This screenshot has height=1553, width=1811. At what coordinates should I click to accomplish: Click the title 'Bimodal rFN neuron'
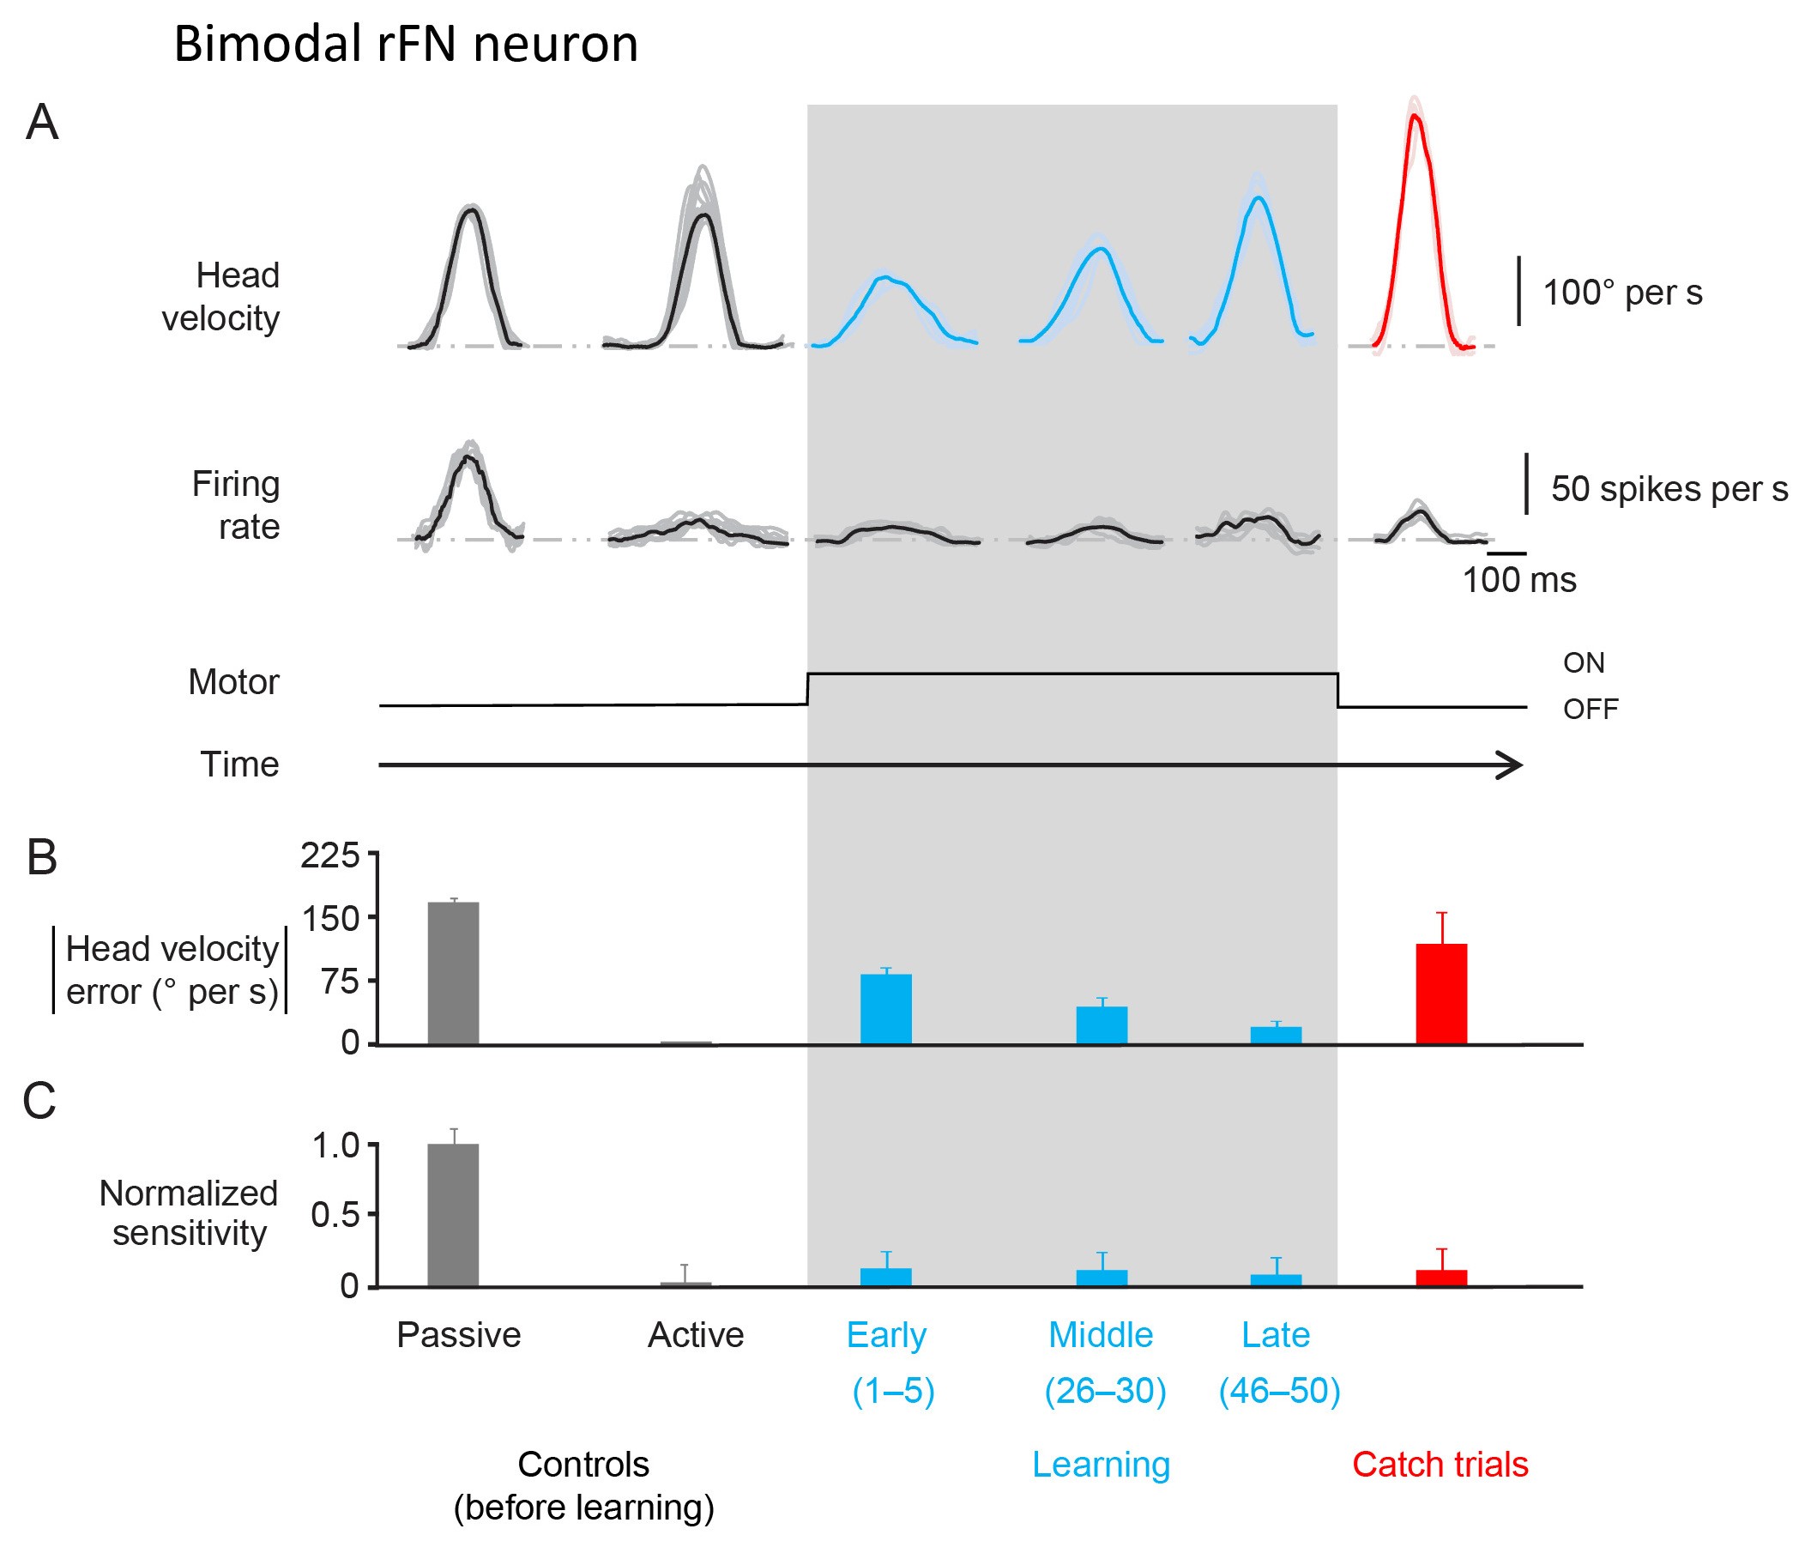(x=406, y=44)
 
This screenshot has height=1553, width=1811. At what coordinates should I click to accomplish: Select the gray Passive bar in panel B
(x=453, y=973)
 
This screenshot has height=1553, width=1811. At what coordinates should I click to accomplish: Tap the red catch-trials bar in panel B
(x=1441, y=994)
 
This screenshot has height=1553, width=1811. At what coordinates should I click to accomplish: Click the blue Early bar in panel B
(x=885, y=1008)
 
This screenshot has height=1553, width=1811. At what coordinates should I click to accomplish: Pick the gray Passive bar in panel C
(x=453, y=1215)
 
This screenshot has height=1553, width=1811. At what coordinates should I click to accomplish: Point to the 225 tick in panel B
(x=330, y=855)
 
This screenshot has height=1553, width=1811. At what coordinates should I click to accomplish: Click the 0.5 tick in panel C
(x=335, y=1215)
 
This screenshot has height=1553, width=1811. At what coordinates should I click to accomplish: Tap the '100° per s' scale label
(x=1622, y=293)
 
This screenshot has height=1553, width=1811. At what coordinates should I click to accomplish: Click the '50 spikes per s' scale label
(x=1669, y=489)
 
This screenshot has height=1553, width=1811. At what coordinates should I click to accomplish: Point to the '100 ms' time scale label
(x=1519, y=580)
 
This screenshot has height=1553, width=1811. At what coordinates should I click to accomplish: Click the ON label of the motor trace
(x=1584, y=662)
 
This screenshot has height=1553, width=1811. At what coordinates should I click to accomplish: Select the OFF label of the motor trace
(x=1590, y=709)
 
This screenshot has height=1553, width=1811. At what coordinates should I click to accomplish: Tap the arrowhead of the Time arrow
(x=1512, y=764)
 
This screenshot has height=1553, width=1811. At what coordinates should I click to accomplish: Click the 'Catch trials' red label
(x=1440, y=1464)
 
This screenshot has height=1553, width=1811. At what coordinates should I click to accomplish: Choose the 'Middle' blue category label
(x=1101, y=1334)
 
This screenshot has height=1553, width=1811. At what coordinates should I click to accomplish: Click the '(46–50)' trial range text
(x=1279, y=1390)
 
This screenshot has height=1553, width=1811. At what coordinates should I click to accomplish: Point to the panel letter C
(x=39, y=1100)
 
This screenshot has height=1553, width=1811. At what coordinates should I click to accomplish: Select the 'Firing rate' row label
(x=236, y=505)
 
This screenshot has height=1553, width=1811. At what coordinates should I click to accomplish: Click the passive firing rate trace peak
(x=468, y=457)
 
